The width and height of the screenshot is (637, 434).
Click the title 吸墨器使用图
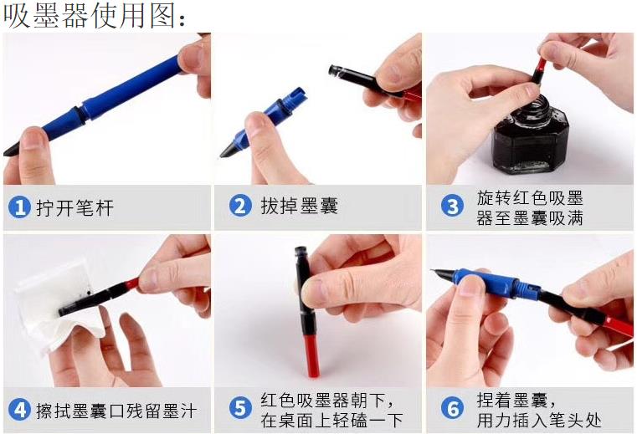[x=95, y=16]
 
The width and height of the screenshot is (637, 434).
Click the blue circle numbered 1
[x=19, y=207]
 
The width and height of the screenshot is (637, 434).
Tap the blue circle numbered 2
[x=240, y=206]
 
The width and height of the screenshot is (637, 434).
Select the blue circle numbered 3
[x=452, y=206]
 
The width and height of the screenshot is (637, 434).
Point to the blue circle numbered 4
[x=19, y=410]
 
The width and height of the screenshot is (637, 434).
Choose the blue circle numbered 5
[x=240, y=408]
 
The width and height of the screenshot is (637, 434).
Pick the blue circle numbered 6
[x=452, y=408]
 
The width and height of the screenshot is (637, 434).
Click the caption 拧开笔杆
[x=75, y=208]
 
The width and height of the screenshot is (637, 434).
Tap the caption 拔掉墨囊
[x=300, y=206]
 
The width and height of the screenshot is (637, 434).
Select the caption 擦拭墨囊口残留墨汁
[x=116, y=411]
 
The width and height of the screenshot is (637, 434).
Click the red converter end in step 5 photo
[x=311, y=354]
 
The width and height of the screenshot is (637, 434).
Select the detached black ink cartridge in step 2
[x=366, y=80]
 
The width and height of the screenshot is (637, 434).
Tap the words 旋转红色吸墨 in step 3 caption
[x=530, y=198]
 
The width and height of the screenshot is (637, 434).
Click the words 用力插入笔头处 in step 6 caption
[x=539, y=421]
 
